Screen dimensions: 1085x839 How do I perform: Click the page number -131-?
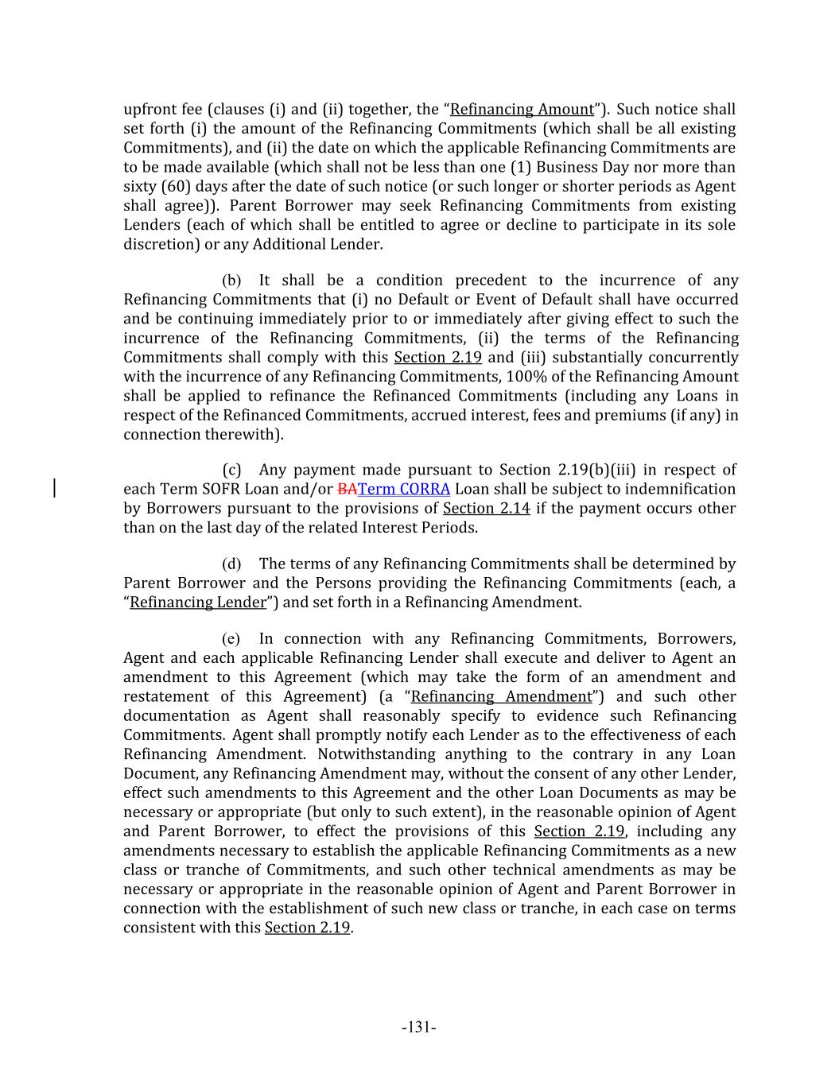(x=418, y=1027)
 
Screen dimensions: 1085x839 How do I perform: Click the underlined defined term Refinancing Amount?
(x=522, y=110)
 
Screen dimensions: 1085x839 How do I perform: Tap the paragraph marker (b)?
(x=231, y=281)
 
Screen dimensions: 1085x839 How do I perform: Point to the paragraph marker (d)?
(x=231, y=564)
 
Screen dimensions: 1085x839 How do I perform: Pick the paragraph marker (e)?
(x=231, y=639)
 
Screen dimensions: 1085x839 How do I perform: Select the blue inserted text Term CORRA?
(x=404, y=490)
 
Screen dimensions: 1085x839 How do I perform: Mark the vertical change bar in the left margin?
(x=54, y=488)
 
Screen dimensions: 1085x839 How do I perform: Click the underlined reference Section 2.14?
(x=486, y=509)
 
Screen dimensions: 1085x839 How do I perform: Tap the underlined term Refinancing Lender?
(x=197, y=603)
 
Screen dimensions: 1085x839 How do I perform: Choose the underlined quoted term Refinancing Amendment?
(x=502, y=697)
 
